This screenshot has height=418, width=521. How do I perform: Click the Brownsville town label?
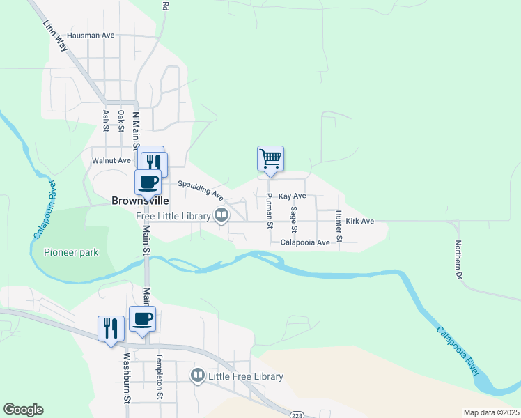click(x=140, y=200)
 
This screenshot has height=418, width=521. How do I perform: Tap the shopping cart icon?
click(x=270, y=158)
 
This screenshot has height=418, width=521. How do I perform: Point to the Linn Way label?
click(x=55, y=35)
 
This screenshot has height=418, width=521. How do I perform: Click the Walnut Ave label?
click(x=111, y=160)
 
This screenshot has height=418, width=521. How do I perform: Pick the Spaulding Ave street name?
click(x=200, y=188)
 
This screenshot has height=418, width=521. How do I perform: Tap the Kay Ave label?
click(x=292, y=197)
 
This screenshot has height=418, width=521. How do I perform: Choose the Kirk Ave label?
click(x=360, y=222)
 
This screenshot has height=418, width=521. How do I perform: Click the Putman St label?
click(x=268, y=212)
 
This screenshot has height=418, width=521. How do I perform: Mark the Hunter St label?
click(x=339, y=226)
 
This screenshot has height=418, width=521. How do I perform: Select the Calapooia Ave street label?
click(x=305, y=242)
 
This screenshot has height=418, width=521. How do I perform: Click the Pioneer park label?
click(x=70, y=252)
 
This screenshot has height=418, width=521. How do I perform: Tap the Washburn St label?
click(x=127, y=380)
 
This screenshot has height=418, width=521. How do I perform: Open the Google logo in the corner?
click(x=23, y=410)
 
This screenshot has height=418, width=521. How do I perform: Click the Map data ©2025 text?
click(x=490, y=412)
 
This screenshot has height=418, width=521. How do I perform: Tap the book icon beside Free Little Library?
click(x=221, y=215)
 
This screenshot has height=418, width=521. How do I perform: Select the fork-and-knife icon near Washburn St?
click(x=111, y=327)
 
